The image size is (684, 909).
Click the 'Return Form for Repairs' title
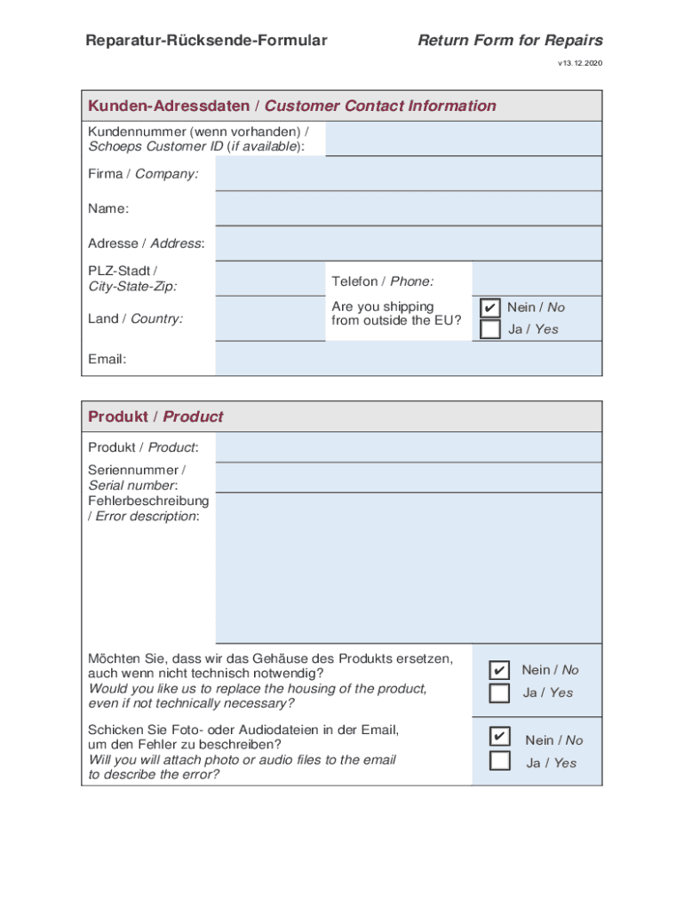[x=510, y=40]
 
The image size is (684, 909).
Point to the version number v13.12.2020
[x=580, y=63]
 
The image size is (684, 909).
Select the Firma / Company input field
[x=408, y=174]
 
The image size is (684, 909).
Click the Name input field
[x=408, y=209]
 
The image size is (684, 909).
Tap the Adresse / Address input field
[x=408, y=243]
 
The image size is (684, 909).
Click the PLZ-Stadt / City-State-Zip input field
[x=270, y=278]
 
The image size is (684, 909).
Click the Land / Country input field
[x=270, y=318]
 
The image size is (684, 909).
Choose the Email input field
[x=408, y=359]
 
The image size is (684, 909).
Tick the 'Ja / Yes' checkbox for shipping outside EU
[x=489, y=329]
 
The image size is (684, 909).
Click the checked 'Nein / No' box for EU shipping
[x=489, y=307]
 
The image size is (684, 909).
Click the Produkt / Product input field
[x=408, y=447]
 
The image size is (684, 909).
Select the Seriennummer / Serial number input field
[x=408, y=478]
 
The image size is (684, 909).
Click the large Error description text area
[x=408, y=568]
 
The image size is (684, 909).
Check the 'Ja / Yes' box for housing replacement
[x=500, y=692]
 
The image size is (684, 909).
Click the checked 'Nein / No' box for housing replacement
[x=500, y=669]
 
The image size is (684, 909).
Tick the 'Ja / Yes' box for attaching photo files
[x=500, y=761]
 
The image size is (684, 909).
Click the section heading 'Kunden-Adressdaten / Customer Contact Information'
[x=291, y=106]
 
